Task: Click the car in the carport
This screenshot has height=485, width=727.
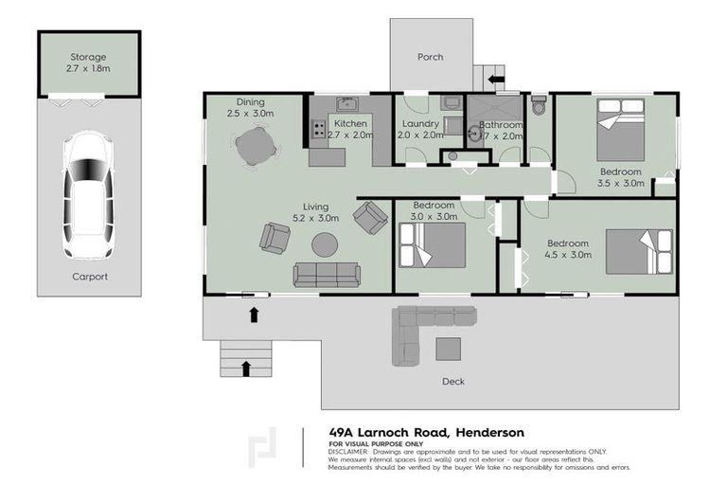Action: (88, 197)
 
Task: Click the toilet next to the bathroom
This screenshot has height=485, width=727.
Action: (540, 106)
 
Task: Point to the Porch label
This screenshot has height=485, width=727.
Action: (431, 57)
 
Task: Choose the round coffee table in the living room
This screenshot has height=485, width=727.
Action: (325, 244)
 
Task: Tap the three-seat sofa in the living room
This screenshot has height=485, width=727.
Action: (327, 275)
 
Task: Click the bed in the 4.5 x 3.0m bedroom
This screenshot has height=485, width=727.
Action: (639, 251)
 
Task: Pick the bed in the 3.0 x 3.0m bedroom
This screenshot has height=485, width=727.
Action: (433, 245)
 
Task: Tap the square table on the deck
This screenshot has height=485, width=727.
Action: (448, 349)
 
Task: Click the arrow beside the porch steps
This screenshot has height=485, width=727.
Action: (497, 78)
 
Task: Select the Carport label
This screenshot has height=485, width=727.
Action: (89, 278)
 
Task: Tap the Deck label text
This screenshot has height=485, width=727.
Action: (452, 382)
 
